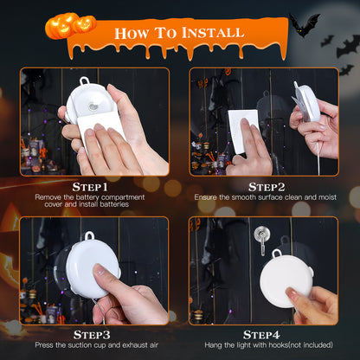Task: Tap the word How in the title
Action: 137,34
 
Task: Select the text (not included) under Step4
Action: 307,345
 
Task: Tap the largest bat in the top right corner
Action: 305,24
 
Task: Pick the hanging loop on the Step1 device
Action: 84,83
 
